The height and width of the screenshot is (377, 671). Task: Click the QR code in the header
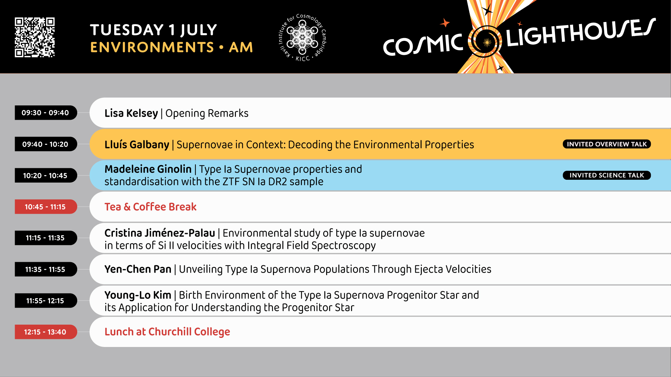tap(35, 37)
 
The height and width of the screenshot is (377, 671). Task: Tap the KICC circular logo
tap(302, 37)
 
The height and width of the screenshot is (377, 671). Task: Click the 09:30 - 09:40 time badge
tap(46, 113)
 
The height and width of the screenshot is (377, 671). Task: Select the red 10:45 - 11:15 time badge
tap(46, 207)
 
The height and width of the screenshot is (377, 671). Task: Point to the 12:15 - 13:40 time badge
tap(46, 332)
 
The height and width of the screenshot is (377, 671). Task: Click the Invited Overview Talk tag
tap(607, 144)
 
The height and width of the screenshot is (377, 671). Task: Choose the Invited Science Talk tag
tap(607, 175)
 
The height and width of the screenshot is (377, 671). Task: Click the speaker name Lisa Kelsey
tap(131, 113)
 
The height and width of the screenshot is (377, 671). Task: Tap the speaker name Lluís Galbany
tap(137, 145)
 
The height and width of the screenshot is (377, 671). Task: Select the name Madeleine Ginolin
tap(148, 169)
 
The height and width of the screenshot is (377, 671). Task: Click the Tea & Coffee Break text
tap(150, 207)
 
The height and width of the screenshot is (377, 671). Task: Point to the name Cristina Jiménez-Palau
tap(160, 233)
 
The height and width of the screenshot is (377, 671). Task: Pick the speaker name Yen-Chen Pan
tap(138, 269)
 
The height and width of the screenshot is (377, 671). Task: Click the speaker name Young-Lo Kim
tap(138, 295)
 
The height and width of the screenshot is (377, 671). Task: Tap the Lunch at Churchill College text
tap(167, 332)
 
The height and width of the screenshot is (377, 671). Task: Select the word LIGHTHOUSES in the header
tap(581, 32)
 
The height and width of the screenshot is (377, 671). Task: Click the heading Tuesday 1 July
tap(153, 30)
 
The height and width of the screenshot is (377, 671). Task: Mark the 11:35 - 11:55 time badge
tap(46, 269)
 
